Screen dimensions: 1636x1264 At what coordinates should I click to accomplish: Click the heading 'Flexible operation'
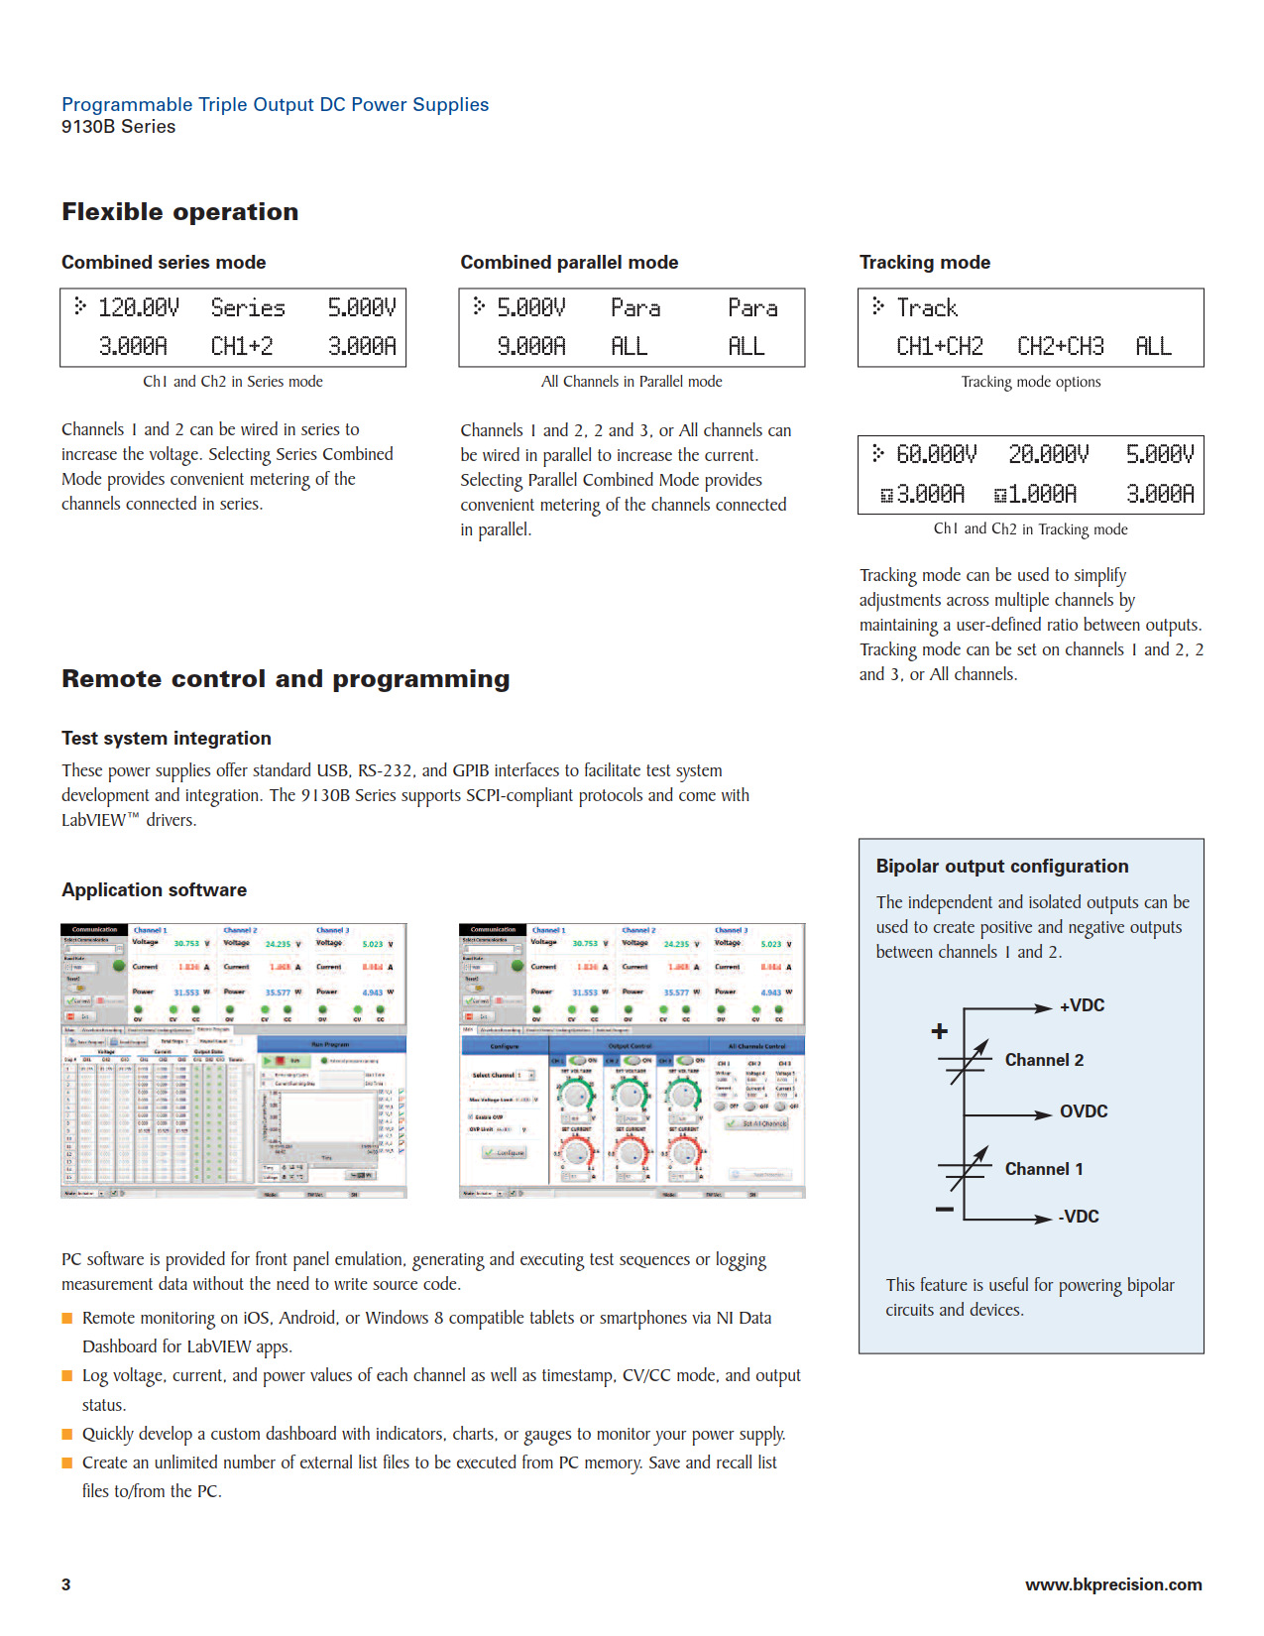(x=179, y=212)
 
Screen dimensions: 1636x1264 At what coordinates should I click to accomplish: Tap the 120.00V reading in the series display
(x=139, y=308)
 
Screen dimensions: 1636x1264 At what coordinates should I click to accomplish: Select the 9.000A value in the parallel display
(x=530, y=347)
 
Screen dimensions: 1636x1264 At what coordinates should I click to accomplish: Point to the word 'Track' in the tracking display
(x=927, y=308)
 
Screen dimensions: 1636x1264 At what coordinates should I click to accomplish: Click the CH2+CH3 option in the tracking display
(x=1060, y=347)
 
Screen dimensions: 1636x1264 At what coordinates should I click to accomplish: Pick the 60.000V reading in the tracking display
(x=936, y=454)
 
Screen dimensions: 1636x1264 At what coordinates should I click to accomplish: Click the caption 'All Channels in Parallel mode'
(x=632, y=382)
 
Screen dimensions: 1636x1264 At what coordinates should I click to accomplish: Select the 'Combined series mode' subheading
(x=164, y=263)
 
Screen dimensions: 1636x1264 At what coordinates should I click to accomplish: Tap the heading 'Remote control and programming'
(x=286, y=679)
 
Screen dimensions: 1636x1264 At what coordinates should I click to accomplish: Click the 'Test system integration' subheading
(x=167, y=739)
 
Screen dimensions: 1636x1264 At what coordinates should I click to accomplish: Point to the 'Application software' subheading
(x=154, y=890)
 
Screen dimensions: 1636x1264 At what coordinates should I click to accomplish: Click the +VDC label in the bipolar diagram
(x=1082, y=1005)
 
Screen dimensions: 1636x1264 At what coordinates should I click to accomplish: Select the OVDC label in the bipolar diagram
(x=1084, y=1111)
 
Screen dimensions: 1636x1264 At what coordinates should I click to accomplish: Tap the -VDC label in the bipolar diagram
(x=1079, y=1217)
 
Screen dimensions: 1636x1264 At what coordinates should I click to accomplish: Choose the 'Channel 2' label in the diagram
(x=1044, y=1060)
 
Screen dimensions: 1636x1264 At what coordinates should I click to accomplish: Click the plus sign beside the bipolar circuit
(x=940, y=1031)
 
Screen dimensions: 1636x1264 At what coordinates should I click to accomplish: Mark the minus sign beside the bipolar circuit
(x=944, y=1210)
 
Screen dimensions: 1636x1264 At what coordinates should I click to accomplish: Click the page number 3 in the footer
(x=66, y=1584)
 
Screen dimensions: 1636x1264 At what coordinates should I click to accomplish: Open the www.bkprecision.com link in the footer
(x=1113, y=1584)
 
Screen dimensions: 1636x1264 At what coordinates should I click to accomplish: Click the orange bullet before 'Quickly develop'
(x=67, y=1434)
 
